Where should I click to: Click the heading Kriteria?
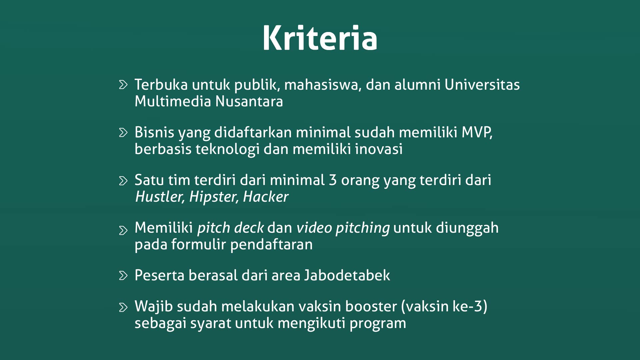coord(320,38)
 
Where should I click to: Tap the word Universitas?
coord(482,85)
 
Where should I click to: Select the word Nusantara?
coord(249,101)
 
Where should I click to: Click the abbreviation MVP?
coord(476,132)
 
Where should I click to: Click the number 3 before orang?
coord(333,180)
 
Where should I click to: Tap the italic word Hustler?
coord(159,197)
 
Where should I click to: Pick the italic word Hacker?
coord(266,197)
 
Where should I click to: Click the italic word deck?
coord(249,228)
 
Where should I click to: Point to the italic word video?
coord(314,228)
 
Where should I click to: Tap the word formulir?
coord(199,244)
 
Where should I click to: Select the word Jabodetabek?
coord(347,275)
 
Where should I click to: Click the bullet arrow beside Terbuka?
coord(123,85)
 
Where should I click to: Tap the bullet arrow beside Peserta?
coord(123,275)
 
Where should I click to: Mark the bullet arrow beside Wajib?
coord(123,307)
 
